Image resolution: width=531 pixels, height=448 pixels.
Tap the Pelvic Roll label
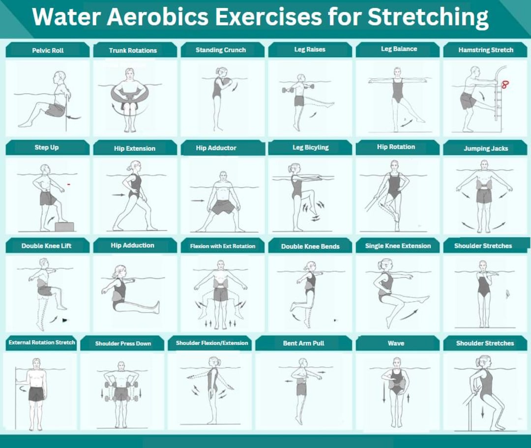point(48,50)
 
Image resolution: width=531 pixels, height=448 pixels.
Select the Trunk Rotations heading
point(133,51)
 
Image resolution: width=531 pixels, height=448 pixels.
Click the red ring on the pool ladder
point(505,84)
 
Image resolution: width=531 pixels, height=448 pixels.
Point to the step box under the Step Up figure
point(64,226)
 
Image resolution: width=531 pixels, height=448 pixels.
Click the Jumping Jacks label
point(486,149)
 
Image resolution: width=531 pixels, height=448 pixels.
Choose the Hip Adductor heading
point(216,148)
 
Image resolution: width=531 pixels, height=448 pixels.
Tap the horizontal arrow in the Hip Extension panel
point(118,195)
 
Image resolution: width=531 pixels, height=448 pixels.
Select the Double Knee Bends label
point(310,246)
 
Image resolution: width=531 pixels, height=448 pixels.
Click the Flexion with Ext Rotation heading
point(223,246)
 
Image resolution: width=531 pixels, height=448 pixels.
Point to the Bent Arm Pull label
point(303,343)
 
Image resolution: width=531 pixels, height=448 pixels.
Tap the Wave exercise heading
point(396,343)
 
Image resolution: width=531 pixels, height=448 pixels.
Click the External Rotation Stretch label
point(42,342)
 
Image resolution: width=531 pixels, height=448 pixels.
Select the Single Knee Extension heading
point(398,246)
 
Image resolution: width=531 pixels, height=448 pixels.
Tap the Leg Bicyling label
point(310,148)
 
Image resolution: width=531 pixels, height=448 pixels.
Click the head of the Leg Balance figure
point(396,72)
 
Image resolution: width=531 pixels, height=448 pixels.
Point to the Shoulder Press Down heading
point(123,343)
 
